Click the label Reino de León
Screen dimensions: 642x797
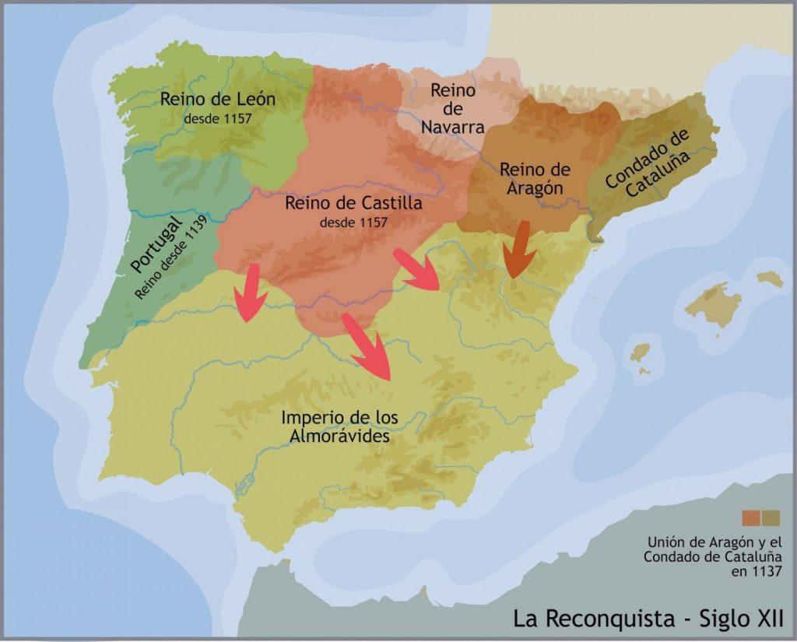point(218,100)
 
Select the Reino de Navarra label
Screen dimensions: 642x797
point(453,108)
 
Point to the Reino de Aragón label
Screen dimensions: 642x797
point(535,179)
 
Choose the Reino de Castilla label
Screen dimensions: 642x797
point(353,204)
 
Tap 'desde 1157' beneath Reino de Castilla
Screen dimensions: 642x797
point(353,223)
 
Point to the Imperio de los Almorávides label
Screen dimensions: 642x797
point(339,427)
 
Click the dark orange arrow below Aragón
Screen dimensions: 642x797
point(520,250)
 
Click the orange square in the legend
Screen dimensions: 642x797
point(751,518)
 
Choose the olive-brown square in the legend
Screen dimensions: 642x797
point(771,518)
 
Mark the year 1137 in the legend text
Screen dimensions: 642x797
point(766,572)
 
